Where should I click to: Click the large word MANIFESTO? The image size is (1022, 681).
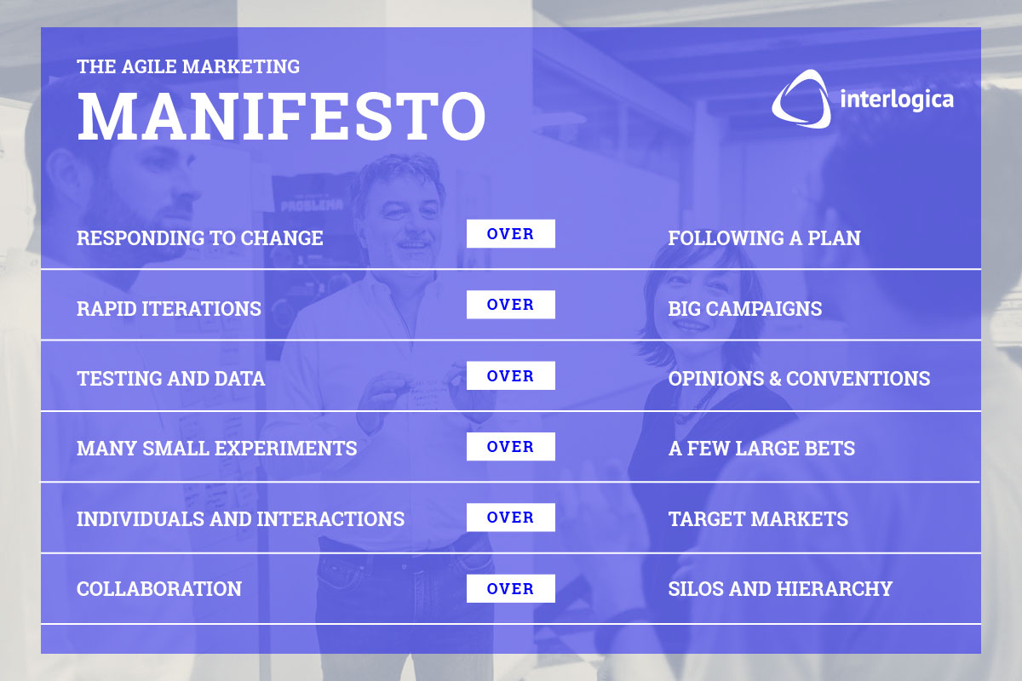click(x=282, y=116)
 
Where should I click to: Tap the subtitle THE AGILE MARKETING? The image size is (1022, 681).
click(x=188, y=66)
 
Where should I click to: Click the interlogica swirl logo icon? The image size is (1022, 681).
click(x=801, y=99)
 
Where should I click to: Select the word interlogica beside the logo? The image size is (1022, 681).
click(x=897, y=100)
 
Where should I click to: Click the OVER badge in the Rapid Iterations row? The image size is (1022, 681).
click(x=510, y=304)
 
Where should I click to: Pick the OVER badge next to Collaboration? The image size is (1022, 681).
click(x=510, y=588)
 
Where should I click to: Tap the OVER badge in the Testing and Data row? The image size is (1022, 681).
click(x=510, y=375)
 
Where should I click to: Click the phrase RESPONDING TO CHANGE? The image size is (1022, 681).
click(x=200, y=238)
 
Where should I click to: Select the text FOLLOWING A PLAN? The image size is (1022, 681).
click(x=764, y=238)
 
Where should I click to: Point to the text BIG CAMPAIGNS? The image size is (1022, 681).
click(x=745, y=309)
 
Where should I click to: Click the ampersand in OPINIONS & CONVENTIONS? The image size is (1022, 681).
click(x=775, y=379)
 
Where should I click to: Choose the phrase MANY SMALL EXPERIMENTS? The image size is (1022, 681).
click(x=216, y=449)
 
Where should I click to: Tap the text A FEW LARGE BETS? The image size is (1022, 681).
click(x=761, y=449)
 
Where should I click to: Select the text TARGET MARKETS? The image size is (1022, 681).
click(x=758, y=519)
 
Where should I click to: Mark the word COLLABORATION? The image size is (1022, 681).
click(x=159, y=589)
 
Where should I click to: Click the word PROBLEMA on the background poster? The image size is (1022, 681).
click(x=312, y=205)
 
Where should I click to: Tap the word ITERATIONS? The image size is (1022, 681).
click(x=201, y=309)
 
